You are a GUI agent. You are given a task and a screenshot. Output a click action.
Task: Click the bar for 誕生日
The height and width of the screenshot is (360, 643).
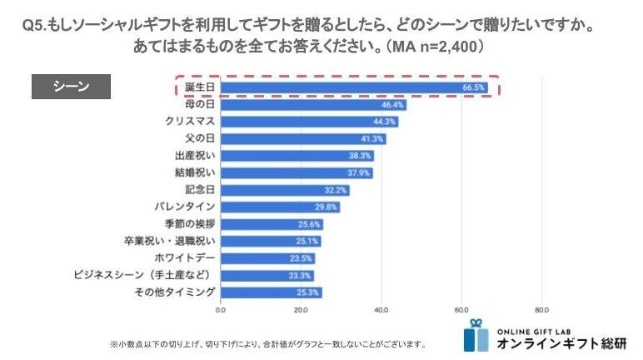pos(354,87)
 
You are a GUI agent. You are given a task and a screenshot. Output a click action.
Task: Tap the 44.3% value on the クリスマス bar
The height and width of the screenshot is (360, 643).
pos(385,122)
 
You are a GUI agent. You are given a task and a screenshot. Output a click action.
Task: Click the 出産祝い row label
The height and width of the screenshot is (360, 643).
pos(196,156)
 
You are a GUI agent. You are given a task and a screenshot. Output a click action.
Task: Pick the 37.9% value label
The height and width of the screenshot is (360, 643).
pos(360,173)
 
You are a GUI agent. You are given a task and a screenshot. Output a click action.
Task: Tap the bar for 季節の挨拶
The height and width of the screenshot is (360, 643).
pos(272,224)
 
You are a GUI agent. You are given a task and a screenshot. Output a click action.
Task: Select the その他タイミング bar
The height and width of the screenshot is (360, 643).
pos(271,292)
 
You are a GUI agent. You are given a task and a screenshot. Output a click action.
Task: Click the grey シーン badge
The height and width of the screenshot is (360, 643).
pos(71,87)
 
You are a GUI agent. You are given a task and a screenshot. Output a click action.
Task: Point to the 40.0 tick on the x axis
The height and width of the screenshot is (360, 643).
pos(381,309)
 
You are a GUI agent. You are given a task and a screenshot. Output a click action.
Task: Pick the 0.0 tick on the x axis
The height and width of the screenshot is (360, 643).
pos(220,309)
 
